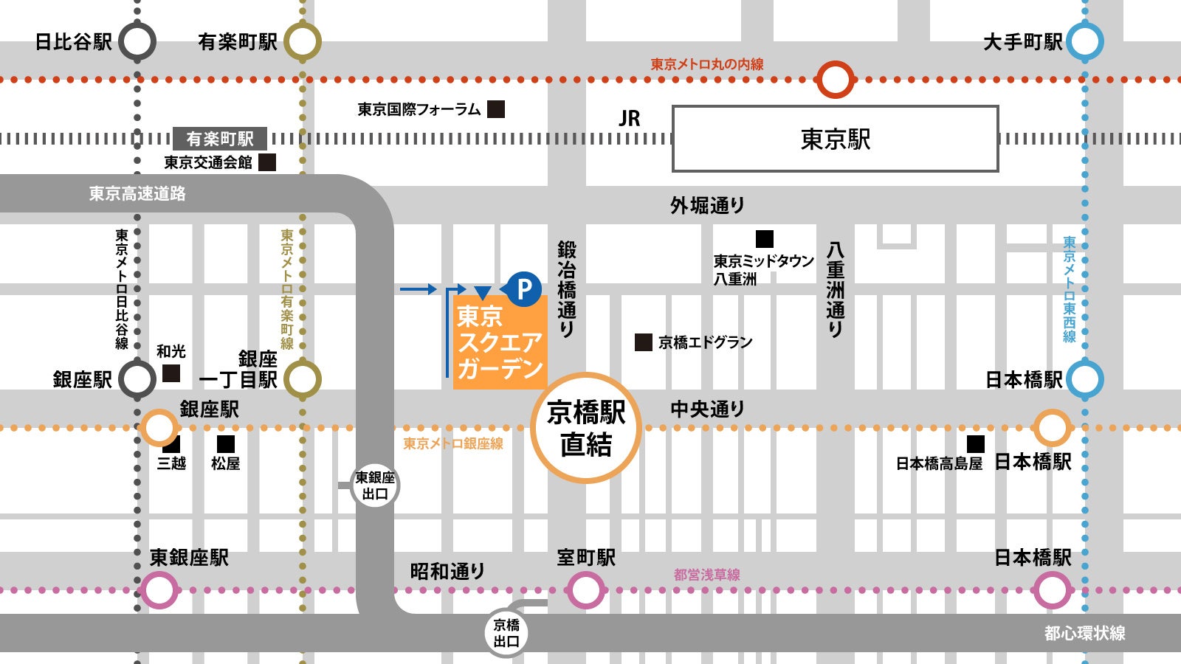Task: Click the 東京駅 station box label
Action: click(x=835, y=139)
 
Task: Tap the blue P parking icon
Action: click(x=524, y=288)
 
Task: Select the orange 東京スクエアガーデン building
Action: click(x=500, y=342)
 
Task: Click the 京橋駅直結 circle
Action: click(x=585, y=428)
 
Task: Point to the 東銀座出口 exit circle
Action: click(x=375, y=485)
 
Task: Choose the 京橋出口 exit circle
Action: click(x=506, y=632)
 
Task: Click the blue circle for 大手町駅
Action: click(x=1084, y=41)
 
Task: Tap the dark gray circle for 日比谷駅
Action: click(x=137, y=41)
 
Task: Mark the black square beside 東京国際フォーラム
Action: click(x=496, y=109)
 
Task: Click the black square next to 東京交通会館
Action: click(x=267, y=162)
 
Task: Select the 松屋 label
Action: click(x=225, y=463)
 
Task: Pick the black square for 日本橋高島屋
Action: click(x=975, y=443)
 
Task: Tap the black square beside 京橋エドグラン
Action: click(x=644, y=342)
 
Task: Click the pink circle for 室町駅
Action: click(x=585, y=590)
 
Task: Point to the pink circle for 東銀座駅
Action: click(x=159, y=590)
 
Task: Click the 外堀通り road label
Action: click(x=707, y=206)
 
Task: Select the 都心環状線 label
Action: click(x=1084, y=633)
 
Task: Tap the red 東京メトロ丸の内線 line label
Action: click(x=706, y=64)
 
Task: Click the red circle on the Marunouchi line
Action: click(x=835, y=80)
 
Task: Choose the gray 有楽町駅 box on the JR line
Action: click(x=220, y=139)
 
